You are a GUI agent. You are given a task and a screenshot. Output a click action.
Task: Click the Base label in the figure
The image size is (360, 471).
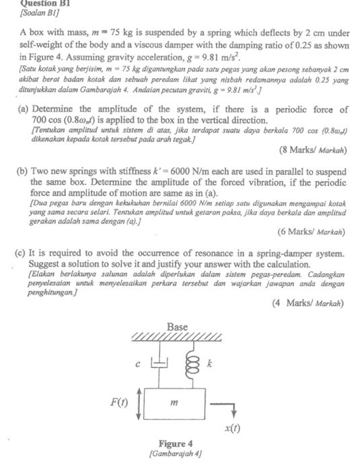[x=178, y=326]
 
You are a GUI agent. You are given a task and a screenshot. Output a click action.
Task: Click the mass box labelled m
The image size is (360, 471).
[x=177, y=404]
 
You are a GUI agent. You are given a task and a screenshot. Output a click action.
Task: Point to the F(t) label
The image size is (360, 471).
[x=122, y=404]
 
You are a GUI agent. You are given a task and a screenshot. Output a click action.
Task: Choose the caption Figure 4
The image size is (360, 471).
[x=176, y=444]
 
